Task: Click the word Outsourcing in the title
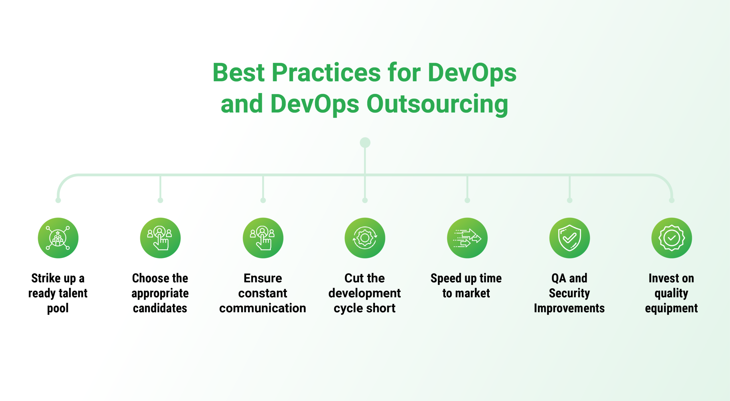[x=437, y=104]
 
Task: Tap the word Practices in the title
[x=326, y=73]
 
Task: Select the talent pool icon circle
[x=58, y=238]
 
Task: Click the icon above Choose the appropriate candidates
[x=160, y=238]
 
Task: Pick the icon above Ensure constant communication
[x=263, y=238]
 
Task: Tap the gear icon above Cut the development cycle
[x=365, y=238]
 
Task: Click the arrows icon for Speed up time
[x=467, y=238]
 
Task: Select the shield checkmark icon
[x=570, y=238]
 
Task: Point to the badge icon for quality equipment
[x=672, y=238]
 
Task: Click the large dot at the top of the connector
[x=365, y=142]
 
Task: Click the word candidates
[x=160, y=308]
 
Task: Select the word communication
[x=263, y=308]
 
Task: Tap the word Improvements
[x=569, y=309]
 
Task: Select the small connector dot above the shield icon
[x=570, y=200]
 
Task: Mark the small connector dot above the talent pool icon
[x=58, y=200]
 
